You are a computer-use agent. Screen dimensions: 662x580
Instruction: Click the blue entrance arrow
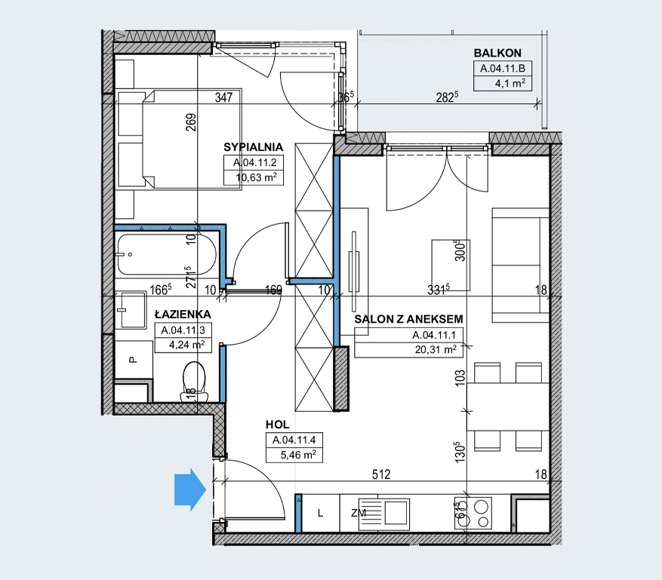[x=190, y=489]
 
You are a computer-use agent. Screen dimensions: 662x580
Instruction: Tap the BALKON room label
[x=497, y=53]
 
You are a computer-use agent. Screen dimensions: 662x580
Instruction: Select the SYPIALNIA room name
[x=254, y=147]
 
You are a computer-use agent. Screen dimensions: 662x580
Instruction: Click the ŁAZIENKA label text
[x=183, y=314]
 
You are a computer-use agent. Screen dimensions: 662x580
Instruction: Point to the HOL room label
[x=277, y=425]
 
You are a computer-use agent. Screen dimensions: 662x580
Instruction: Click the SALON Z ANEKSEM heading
[x=408, y=319]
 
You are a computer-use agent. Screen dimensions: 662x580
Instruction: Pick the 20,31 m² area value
[x=436, y=350]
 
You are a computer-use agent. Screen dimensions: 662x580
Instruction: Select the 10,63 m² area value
[x=257, y=177]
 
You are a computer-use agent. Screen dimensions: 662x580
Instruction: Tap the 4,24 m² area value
[x=186, y=345]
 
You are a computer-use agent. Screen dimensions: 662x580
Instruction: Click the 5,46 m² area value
[x=298, y=455]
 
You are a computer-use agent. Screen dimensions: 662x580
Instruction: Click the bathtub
[x=167, y=254]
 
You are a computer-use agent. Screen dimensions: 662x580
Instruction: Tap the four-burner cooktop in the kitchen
[x=473, y=514]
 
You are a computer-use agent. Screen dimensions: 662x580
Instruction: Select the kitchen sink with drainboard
[x=384, y=514]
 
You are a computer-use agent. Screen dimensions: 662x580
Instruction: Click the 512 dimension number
[x=381, y=474]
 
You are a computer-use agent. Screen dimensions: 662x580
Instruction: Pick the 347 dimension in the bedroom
[x=223, y=97]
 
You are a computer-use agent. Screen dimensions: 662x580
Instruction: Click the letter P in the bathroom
[x=133, y=360]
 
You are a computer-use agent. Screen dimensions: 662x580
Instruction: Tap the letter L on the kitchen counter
[x=321, y=514]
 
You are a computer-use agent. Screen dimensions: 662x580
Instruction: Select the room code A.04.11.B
[x=503, y=69]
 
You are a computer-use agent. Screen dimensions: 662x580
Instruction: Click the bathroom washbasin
[x=131, y=310]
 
